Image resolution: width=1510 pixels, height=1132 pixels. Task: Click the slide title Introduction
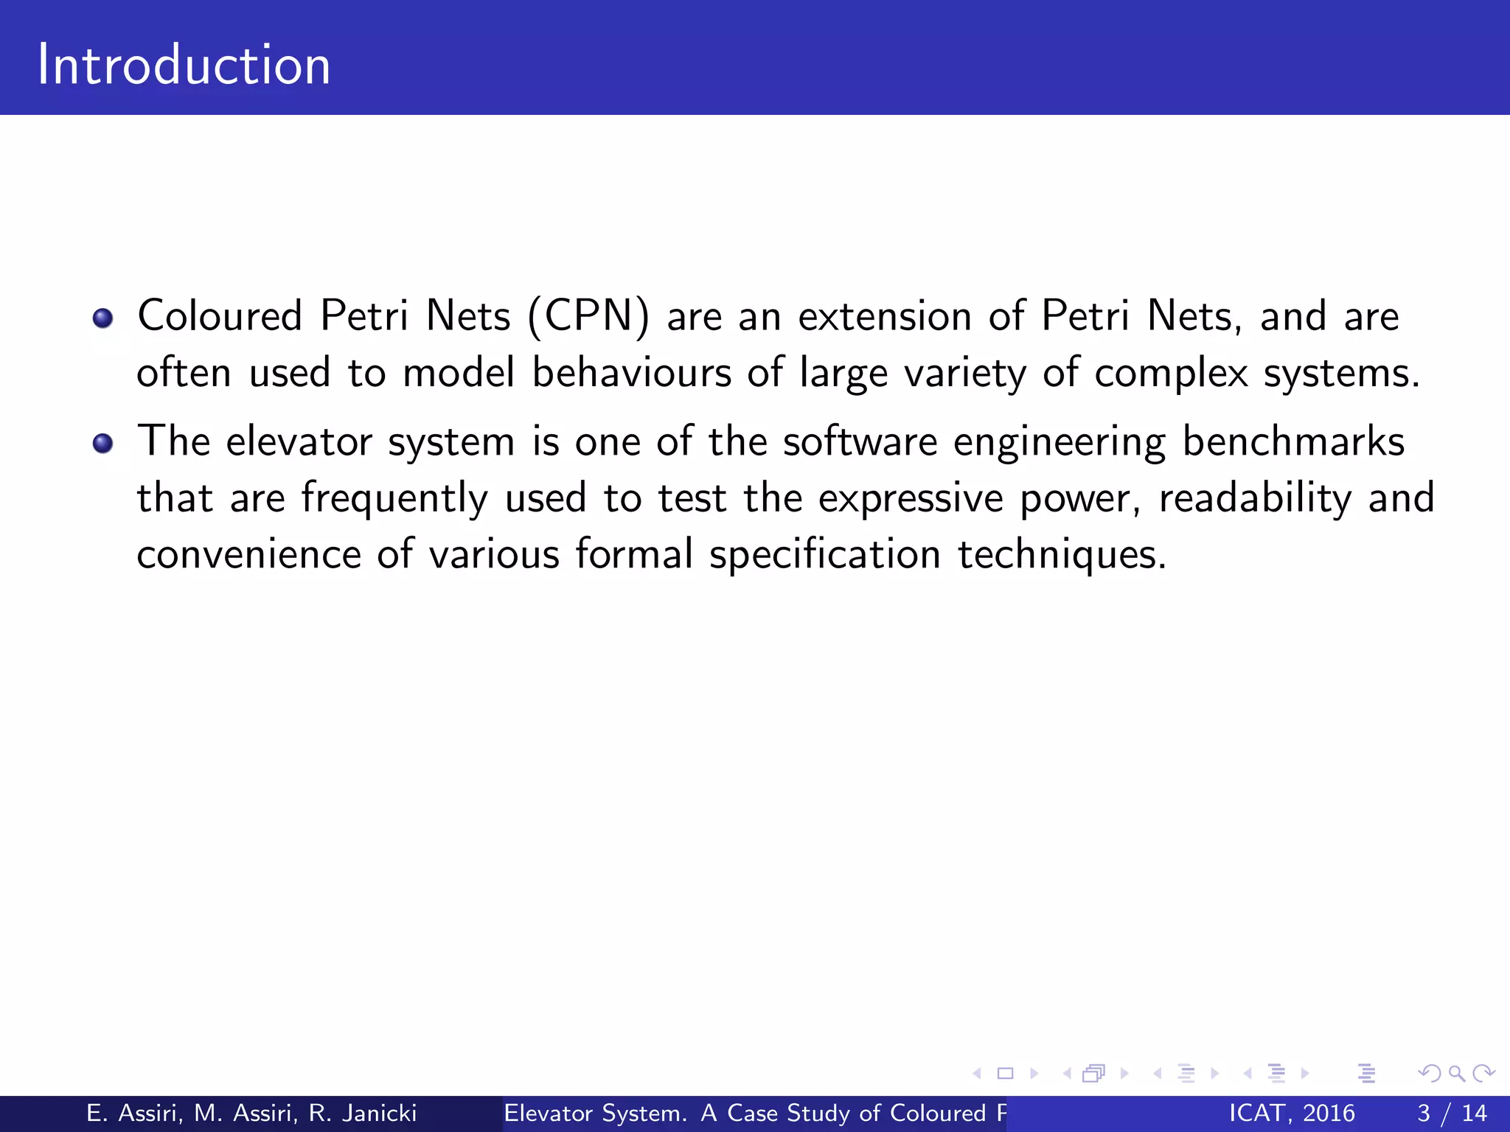tap(184, 65)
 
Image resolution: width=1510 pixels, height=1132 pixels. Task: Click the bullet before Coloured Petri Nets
tap(102, 318)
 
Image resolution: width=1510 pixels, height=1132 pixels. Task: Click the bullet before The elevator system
tap(102, 444)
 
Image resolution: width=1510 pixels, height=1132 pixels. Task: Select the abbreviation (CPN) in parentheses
tap(588, 317)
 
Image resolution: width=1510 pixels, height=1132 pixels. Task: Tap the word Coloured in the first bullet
tap(220, 316)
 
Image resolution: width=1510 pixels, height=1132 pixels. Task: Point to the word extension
tap(885, 316)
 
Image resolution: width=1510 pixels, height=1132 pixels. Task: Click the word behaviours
tap(631, 372)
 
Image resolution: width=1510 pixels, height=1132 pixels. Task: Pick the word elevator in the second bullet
tap(299, 442)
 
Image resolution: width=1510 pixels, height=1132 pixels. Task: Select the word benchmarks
tap(1293, 442)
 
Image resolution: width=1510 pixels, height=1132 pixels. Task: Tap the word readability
tap(1255, 498)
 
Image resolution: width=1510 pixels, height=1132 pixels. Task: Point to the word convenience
tap(248, 554)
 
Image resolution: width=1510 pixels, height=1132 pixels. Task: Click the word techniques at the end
tap(1061, 555)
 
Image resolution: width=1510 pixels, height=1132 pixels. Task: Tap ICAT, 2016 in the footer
tap(1291, 1113)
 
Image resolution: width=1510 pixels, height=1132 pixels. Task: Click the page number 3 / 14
tap(1451, 1113)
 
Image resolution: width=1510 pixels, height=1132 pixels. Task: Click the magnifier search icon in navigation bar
tap(1455, 1074)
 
